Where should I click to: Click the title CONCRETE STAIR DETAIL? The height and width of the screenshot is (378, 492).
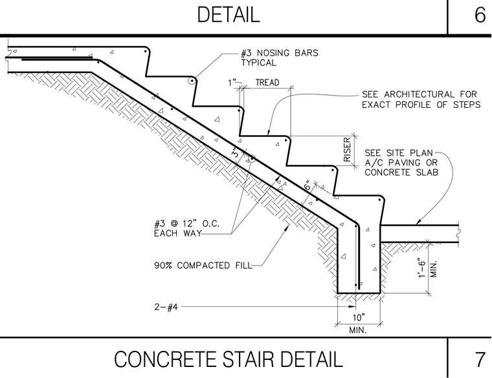coord(229,359)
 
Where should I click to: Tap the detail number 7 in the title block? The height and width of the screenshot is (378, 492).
coord(480,359)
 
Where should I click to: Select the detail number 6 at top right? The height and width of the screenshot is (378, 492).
coord(480,15)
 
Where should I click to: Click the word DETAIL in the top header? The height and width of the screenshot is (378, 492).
coord(229,15)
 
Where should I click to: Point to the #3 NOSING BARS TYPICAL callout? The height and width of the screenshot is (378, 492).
coord(280,58)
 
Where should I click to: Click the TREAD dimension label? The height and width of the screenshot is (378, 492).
coord(267,82)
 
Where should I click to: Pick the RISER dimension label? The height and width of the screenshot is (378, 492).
coord(347,150)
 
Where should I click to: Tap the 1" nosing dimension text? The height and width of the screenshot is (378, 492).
coord(232,83)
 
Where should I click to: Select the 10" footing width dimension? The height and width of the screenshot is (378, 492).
coord(359,317)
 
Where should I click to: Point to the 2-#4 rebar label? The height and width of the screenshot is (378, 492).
coord(166,307)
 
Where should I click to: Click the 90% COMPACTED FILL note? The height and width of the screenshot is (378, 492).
coord(203,266)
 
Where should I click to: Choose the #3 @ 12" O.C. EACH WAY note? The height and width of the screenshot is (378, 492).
coord(186,228)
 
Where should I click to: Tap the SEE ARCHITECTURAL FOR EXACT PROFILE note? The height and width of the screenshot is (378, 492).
coord(421,100)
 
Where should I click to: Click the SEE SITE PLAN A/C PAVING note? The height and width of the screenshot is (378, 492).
coord(401,163)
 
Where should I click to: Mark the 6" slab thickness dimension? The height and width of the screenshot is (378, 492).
coord(308,185)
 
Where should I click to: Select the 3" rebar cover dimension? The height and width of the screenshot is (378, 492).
coord(236,152)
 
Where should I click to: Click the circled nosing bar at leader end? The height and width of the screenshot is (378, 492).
coord(192,81)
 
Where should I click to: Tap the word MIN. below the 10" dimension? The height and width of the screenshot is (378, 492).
coord(358,330)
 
